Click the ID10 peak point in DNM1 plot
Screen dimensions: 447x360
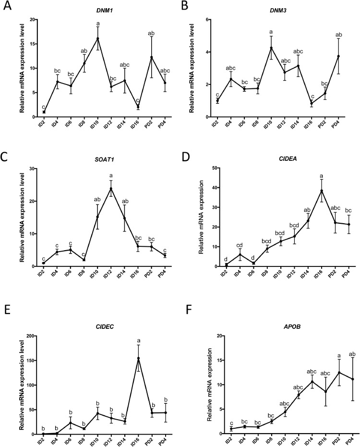(x=98, y=38)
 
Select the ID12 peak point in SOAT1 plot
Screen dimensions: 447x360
(x=111, y=188)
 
